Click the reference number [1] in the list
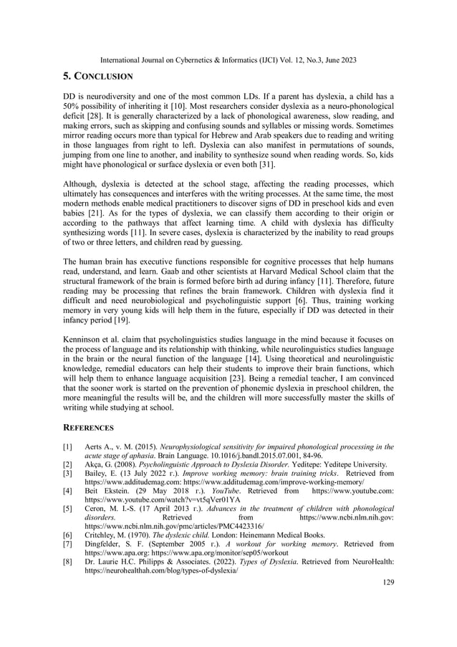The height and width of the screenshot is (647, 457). [67, 446]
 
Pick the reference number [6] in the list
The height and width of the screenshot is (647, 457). [67, 535]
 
